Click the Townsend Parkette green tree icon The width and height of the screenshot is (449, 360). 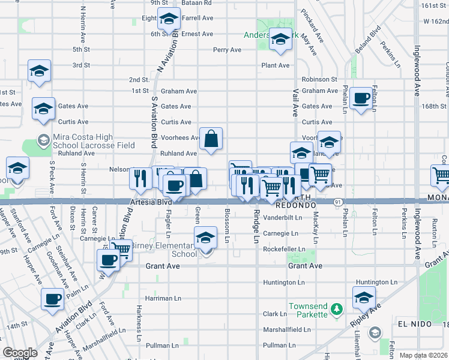pos(337,308)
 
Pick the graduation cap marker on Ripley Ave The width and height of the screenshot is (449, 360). pos(364,297)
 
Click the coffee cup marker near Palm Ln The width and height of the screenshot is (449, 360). pos(52,299)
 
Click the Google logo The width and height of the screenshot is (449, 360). pos(20,353)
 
